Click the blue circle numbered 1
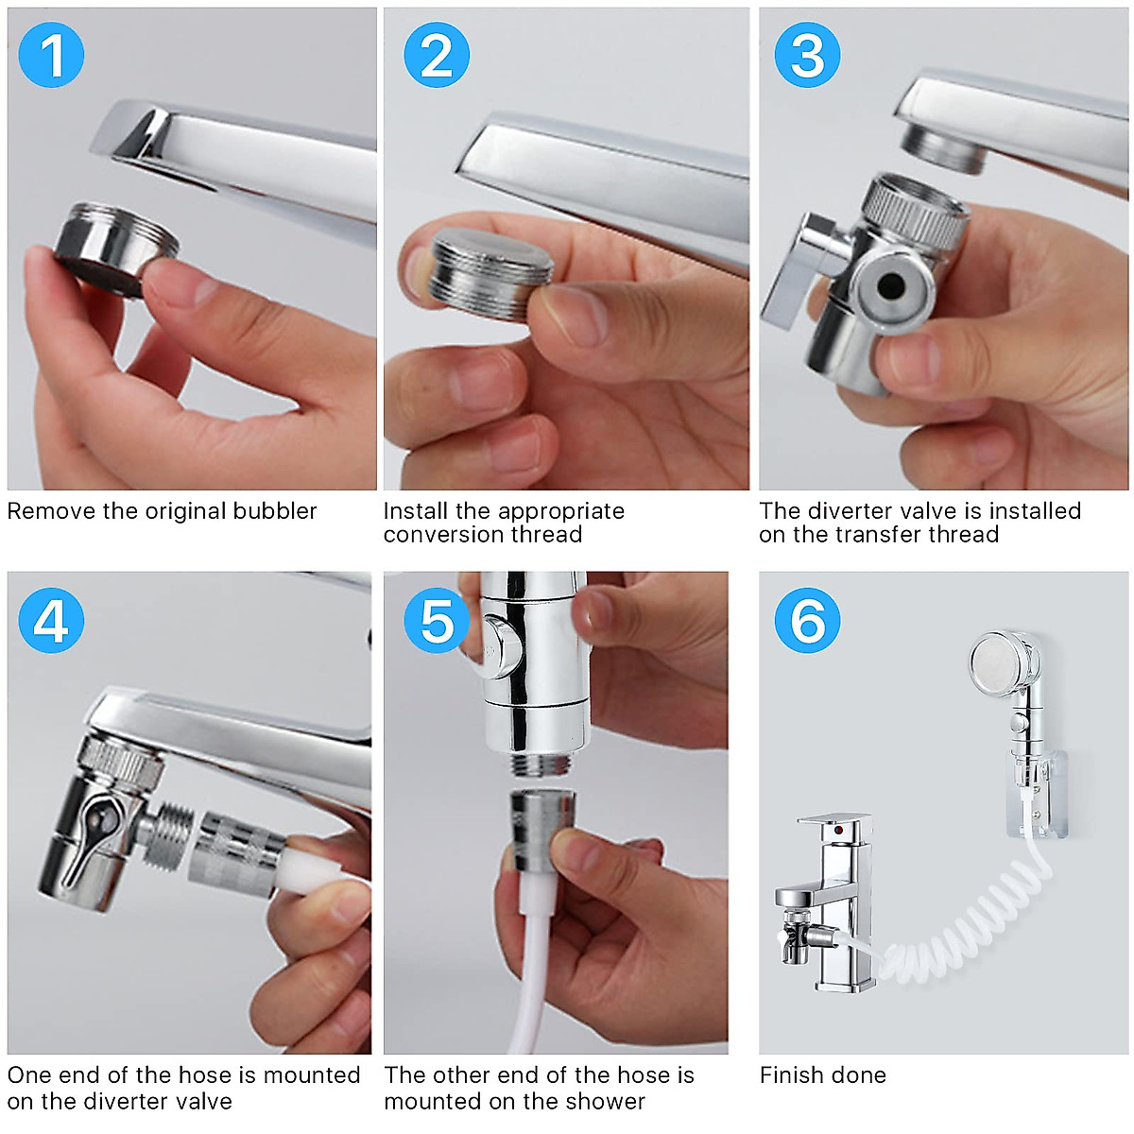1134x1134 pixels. (x=51, y=55)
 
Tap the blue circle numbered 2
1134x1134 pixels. (x=436, y=55)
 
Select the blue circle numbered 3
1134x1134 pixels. (x=807, y=55)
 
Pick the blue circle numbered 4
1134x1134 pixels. (x=51, y=620)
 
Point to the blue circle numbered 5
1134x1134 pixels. (x=436, y=620)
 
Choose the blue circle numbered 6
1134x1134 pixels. (x=807, y=620)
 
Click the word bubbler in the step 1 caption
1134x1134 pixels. (x=275, y=511)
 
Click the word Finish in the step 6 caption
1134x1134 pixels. (x=794, y=1074)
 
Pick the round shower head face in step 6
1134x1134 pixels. (x=994, y=661)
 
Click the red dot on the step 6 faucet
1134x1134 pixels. (x=838, y=830)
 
